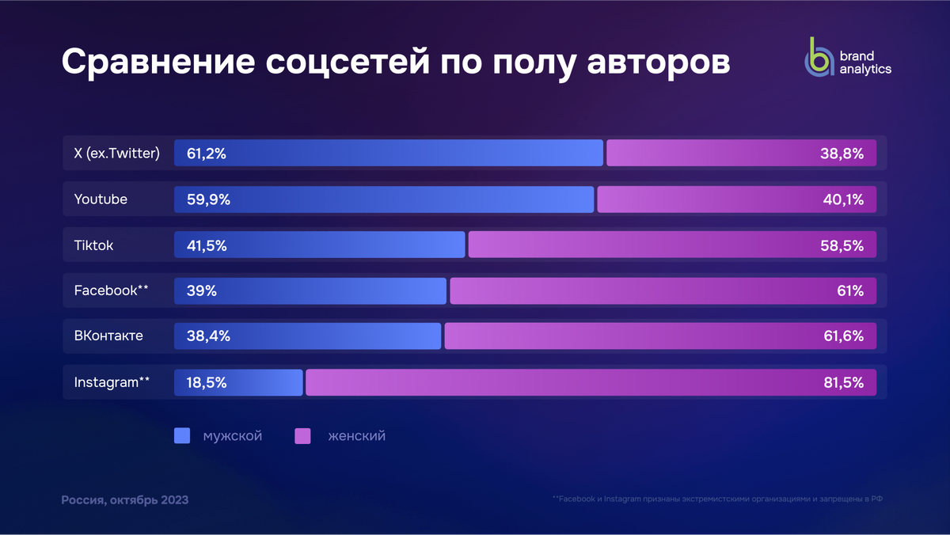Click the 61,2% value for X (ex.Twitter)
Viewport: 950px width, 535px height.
pyautogui.click(x=207, y=154)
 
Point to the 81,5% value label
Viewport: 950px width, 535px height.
pyautogui.click(x=843, y=382)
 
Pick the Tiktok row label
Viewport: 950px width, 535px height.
pyautogui.click(x=93, y=245)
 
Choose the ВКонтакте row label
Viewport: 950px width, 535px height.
pyautogui.click(x=108, y=336)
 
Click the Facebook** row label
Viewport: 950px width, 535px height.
pyautogui.click(x=111, y=290)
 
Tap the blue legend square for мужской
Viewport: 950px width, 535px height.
pyautogui.click(x=182, y=436)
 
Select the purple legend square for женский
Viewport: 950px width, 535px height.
pyautogui.click(x=302, y=436)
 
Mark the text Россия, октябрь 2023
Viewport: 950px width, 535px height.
pyautogui.click(x=125, y=500)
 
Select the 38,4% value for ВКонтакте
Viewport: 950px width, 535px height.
pyautogui.click(x=208, y=336)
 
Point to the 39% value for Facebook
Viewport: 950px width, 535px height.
pyautogui.click(x=202, y=290)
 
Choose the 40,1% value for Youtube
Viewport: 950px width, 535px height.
pyautogui.click(x=843, y=199)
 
